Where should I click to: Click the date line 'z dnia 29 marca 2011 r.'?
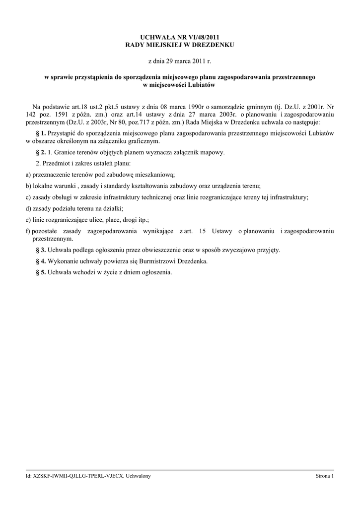pyautogui.click(x=180, y=61)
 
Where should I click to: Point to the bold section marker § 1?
pyautogui.click(x=41, y=133)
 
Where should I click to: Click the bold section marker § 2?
pyautogui.click(x=41, y=152)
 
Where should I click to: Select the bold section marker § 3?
pyautogui.click(x=41, y=250)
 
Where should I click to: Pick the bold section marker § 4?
pyautogui.click(x=41, y=261)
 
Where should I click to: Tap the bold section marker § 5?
pyautogui.click(x=41, y=272)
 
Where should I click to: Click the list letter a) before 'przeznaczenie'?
pyautogui.click(x=28, y=175)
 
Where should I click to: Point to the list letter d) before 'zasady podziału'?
pyautogui.click(x=28, y=208)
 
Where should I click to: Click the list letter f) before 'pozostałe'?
pyautogui.click(x=28, y=231)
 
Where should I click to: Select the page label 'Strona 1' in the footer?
pyautogui.click(x=325, y=476)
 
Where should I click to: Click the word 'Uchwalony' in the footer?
pyautogui.click(x=139, y=476)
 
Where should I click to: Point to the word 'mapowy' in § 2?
pyautogui.click(x=214, y=152)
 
